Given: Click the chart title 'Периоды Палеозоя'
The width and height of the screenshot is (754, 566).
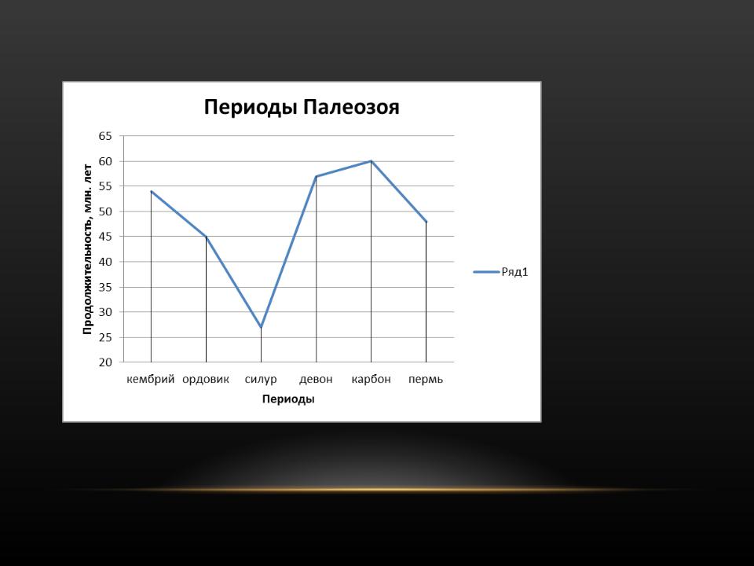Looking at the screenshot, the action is (x=302, y=108).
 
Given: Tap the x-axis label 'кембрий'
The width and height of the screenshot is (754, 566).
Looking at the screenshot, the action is (x=151, y=379).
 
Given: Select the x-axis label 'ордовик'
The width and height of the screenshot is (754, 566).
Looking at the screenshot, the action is (x=206, y=379).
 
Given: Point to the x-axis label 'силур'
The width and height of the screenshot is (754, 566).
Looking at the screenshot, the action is (x=261, y=379).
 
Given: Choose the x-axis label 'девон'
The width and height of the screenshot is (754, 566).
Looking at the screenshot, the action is (x=316, y=379).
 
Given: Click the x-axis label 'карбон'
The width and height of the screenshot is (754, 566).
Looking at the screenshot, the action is (x=372, y=379).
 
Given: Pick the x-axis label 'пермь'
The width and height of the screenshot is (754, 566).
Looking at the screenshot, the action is (x=426, y=379).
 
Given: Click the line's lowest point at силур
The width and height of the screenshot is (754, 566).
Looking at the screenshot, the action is (x=261, y=327).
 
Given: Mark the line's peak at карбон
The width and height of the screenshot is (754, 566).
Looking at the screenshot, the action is (x=372, y=161).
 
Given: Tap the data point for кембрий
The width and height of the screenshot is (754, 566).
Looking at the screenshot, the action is (x=151, y=191).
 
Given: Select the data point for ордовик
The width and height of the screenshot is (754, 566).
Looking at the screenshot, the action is (x=207, y=237).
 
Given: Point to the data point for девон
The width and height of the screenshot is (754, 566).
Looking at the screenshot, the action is (x=317, y=176).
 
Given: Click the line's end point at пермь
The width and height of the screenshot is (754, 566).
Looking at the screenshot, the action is (x=426, y=222).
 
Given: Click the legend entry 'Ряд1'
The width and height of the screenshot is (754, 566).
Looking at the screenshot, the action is (x=501, y=273).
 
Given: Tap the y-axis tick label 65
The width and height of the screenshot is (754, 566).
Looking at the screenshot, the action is (x=105, y=136).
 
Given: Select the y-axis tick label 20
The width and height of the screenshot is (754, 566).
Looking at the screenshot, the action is (x=105, y=362).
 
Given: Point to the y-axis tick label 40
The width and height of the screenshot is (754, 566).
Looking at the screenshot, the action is (x=105, y=262).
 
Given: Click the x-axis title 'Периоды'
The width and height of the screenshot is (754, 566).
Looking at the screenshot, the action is (x=288, y=399).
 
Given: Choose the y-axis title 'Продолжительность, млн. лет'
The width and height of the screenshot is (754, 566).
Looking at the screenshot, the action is (x=87, y=249).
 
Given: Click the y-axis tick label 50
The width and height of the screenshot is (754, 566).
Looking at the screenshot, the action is (x=105, y=211).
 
